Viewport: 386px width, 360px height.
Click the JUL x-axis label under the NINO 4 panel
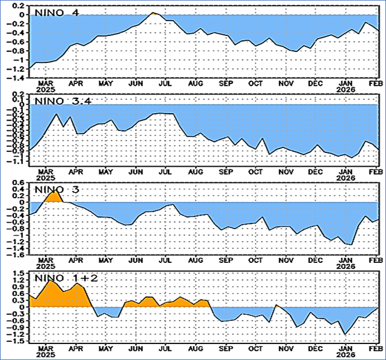pyautogui.click(x=166, y=83)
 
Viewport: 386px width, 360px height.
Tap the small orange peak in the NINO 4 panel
pyautogui.click(x=152, y=13)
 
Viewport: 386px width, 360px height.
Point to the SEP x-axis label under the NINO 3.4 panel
pyautogui.click(x=226, y=171)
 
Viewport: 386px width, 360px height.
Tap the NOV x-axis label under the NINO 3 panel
pyautogui.click(x=285, y=261)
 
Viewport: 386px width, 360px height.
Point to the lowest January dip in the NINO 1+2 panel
pyautogui.click(x=345, y=334)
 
